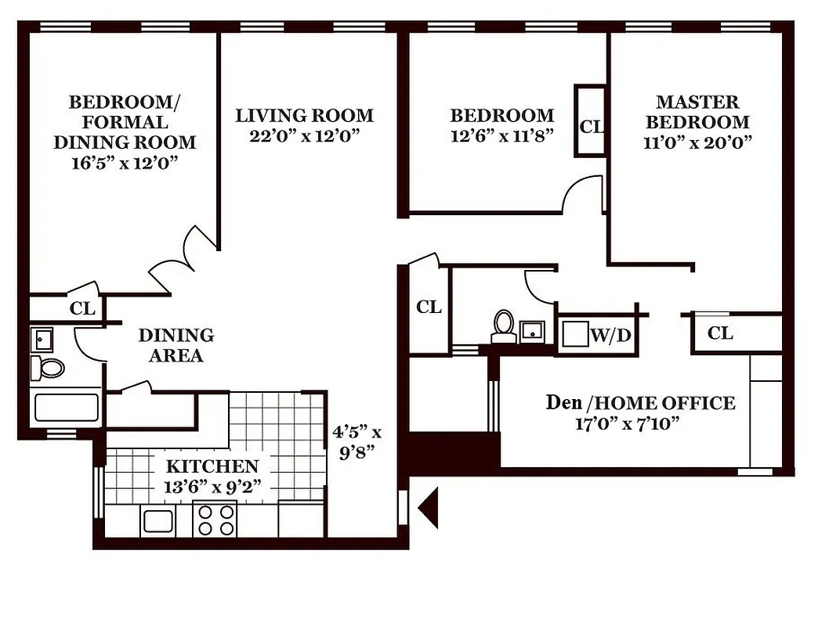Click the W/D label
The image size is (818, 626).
pos(610,336)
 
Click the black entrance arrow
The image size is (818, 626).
pos(428,509)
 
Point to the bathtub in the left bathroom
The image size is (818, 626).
pos(66,408)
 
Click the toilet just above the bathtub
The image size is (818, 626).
pos(49,366)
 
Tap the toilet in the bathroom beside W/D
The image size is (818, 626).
pos(503,326)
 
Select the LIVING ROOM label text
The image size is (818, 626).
pos(304,116)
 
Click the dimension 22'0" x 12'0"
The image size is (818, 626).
pos(304,135)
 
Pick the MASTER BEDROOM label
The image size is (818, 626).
pos(697,112)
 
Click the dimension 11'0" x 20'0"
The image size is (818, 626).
pos(697,142)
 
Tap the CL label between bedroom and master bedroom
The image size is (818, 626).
pos(591,126)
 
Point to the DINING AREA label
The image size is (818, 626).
pos(176,345)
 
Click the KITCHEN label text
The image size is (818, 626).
pos(212,466)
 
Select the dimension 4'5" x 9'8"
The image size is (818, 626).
pos(357,442)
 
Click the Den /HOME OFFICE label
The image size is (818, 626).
pos(639,403)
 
